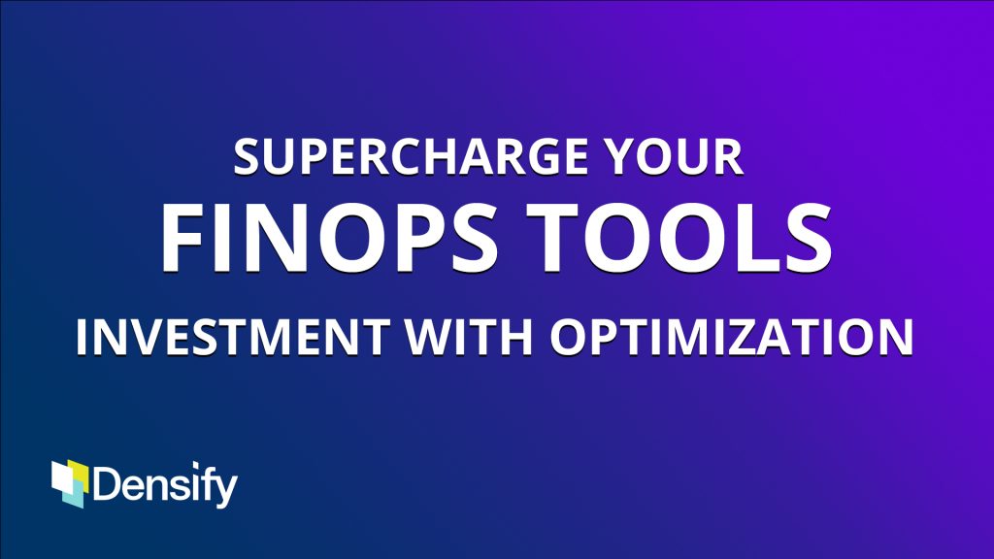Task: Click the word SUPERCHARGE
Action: click(x=411, y=156)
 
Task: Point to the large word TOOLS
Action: click(x=679, y=238)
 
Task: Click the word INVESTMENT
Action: click(x=233, y=337)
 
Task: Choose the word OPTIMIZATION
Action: click(x=731, y=337)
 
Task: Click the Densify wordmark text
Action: click(x=165, y=485)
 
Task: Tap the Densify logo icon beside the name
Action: click(x=70, y=483)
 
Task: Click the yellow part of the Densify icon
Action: click(x=81, y=473)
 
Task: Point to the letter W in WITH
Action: click(x=430, y=337)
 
